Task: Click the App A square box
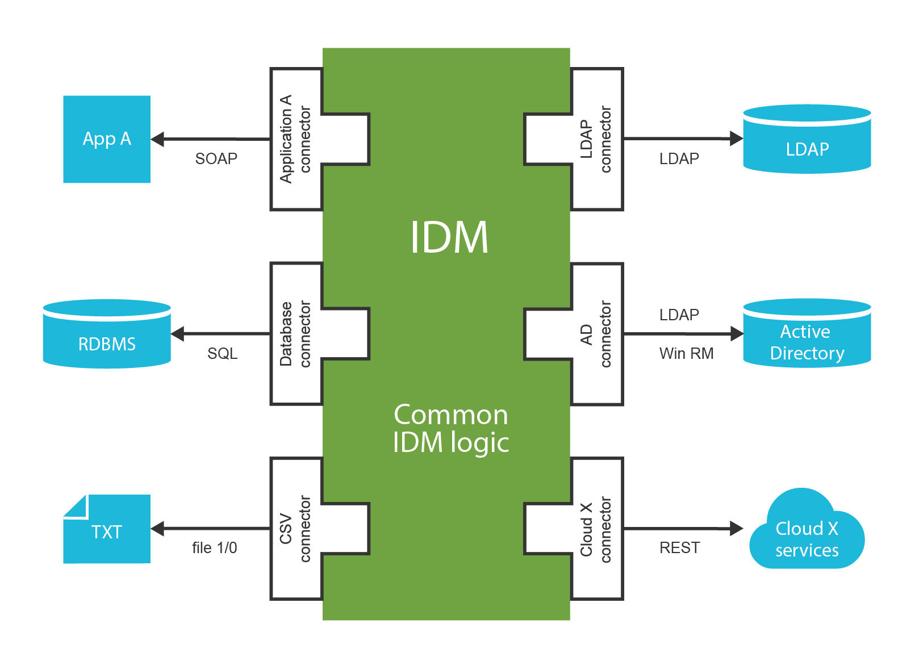[x=107, y=139]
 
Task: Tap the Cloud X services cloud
[x=807, y=534]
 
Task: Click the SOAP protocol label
[x=216, y=158]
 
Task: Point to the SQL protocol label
[x=222, y=353]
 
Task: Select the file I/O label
[x=214, y=548]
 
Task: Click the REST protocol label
[x=679, y=548]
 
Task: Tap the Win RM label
[x=686, y=353]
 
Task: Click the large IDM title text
[x=449, y=237]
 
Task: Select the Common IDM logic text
[x=451, y=429]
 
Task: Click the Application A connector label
[x=295, y=139]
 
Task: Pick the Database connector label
[x=295, y=334]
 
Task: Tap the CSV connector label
[x=295, y=529]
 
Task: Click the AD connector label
[x=596, y=334]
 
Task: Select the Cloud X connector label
[x=596, y=529]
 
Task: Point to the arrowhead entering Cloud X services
[x=736, y=529]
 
